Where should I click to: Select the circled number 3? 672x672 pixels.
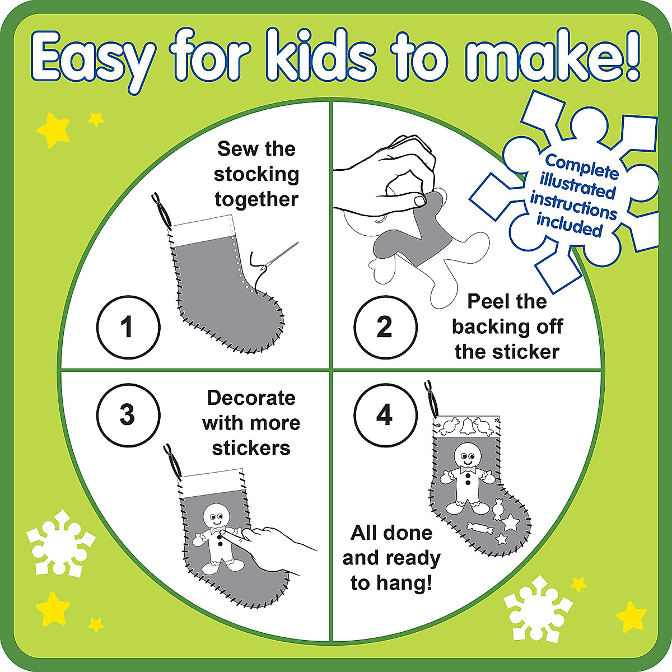click(x=128, y=415)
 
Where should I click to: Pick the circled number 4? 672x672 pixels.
click(x=385, y=415)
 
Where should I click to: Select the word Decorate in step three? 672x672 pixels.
click(x=251, y=398)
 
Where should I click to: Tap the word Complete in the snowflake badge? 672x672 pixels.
click(x=582, y=166)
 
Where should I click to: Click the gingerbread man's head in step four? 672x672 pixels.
click(x=465, y=455)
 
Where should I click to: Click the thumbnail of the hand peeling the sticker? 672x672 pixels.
click(x=419, y=200)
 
